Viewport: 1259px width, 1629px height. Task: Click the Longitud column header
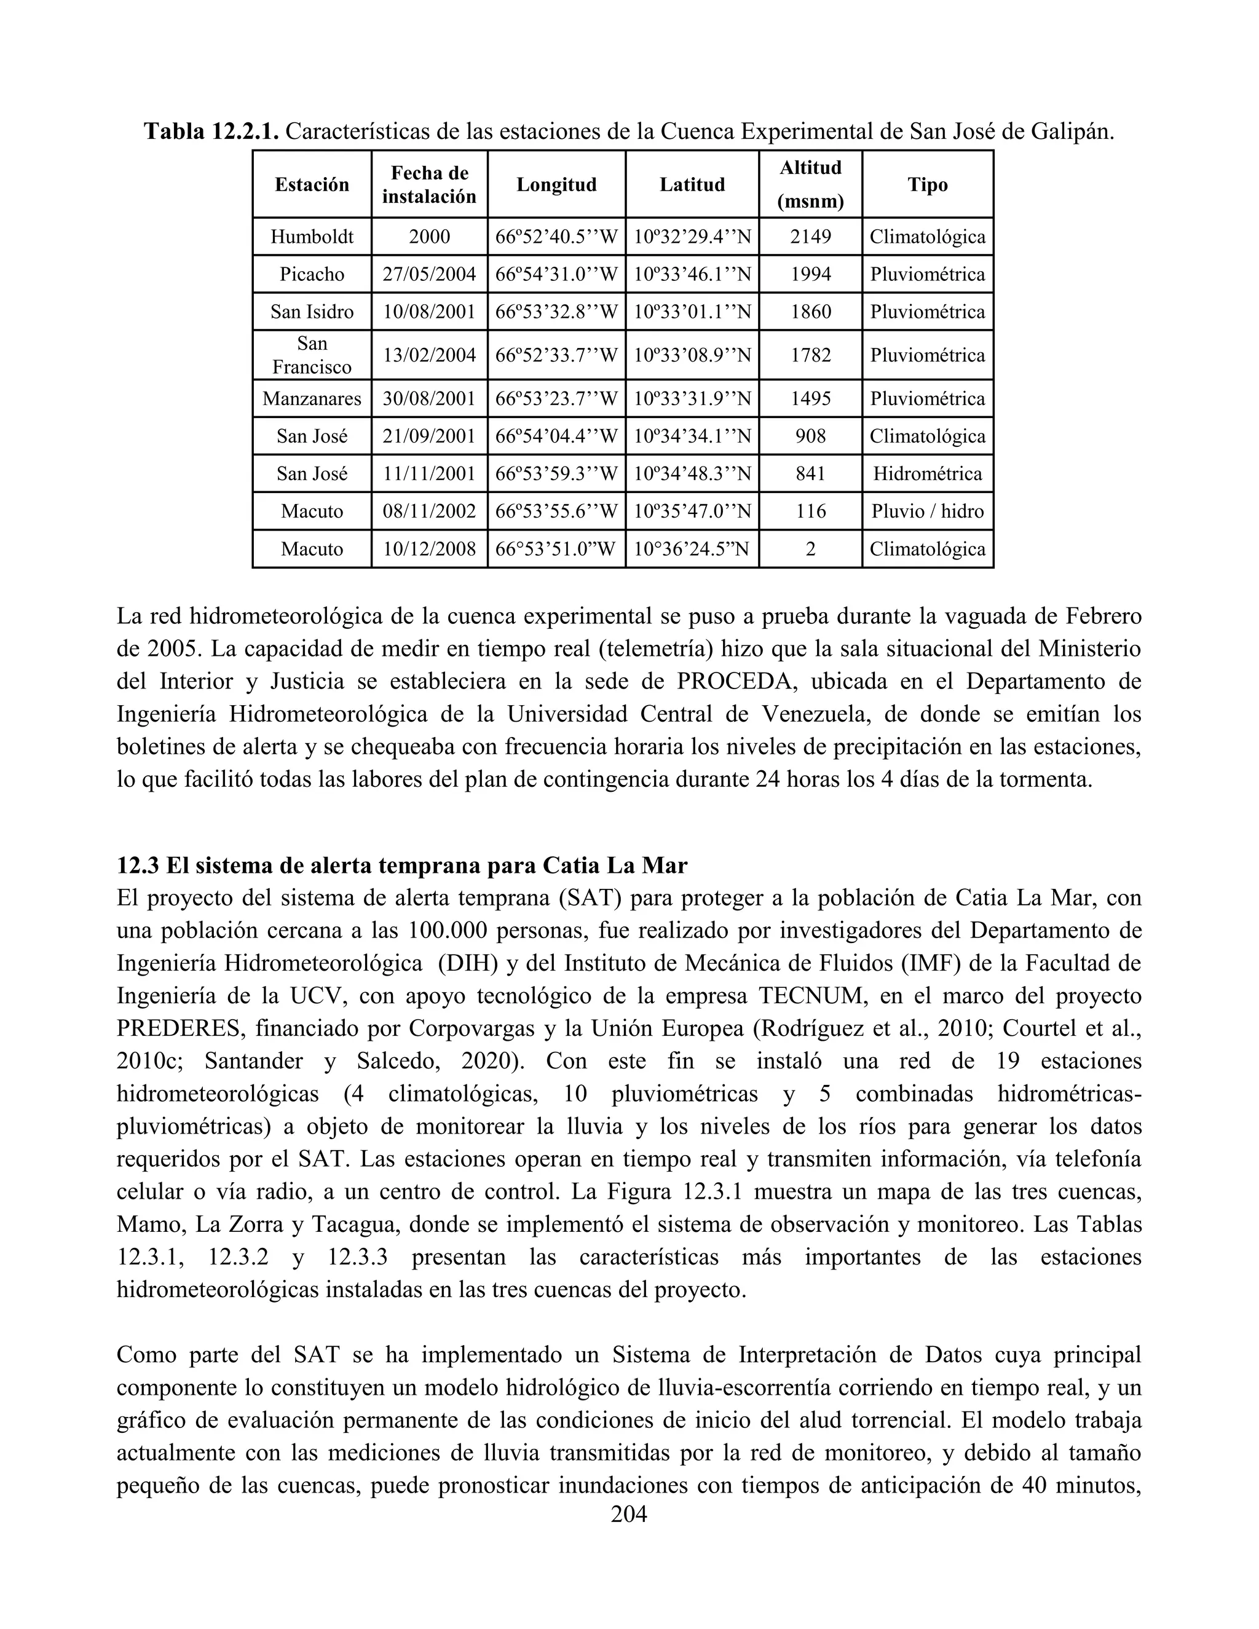(x=556, y=184)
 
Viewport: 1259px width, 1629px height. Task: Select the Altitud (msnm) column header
(x=810, y=184)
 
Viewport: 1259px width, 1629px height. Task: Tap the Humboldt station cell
(x=312, y=237)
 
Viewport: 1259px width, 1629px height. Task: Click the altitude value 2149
(x=810, y=237)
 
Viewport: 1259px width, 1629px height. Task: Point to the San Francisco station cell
(x=312, y=355)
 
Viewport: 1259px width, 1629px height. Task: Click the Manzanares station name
(x=312, y=398)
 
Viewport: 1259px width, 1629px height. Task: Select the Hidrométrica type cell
(x=927, y=473)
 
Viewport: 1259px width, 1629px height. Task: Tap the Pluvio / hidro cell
(x=927, y=511)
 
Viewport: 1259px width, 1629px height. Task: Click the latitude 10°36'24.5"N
(x=692, y=549)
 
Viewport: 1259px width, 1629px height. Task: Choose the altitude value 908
(x=810, y=436)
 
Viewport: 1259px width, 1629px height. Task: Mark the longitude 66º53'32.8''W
(x=556, y=311)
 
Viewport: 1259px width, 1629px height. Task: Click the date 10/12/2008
(x=429, y=549)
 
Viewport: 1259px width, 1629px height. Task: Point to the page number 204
(x=629, y=1514)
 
